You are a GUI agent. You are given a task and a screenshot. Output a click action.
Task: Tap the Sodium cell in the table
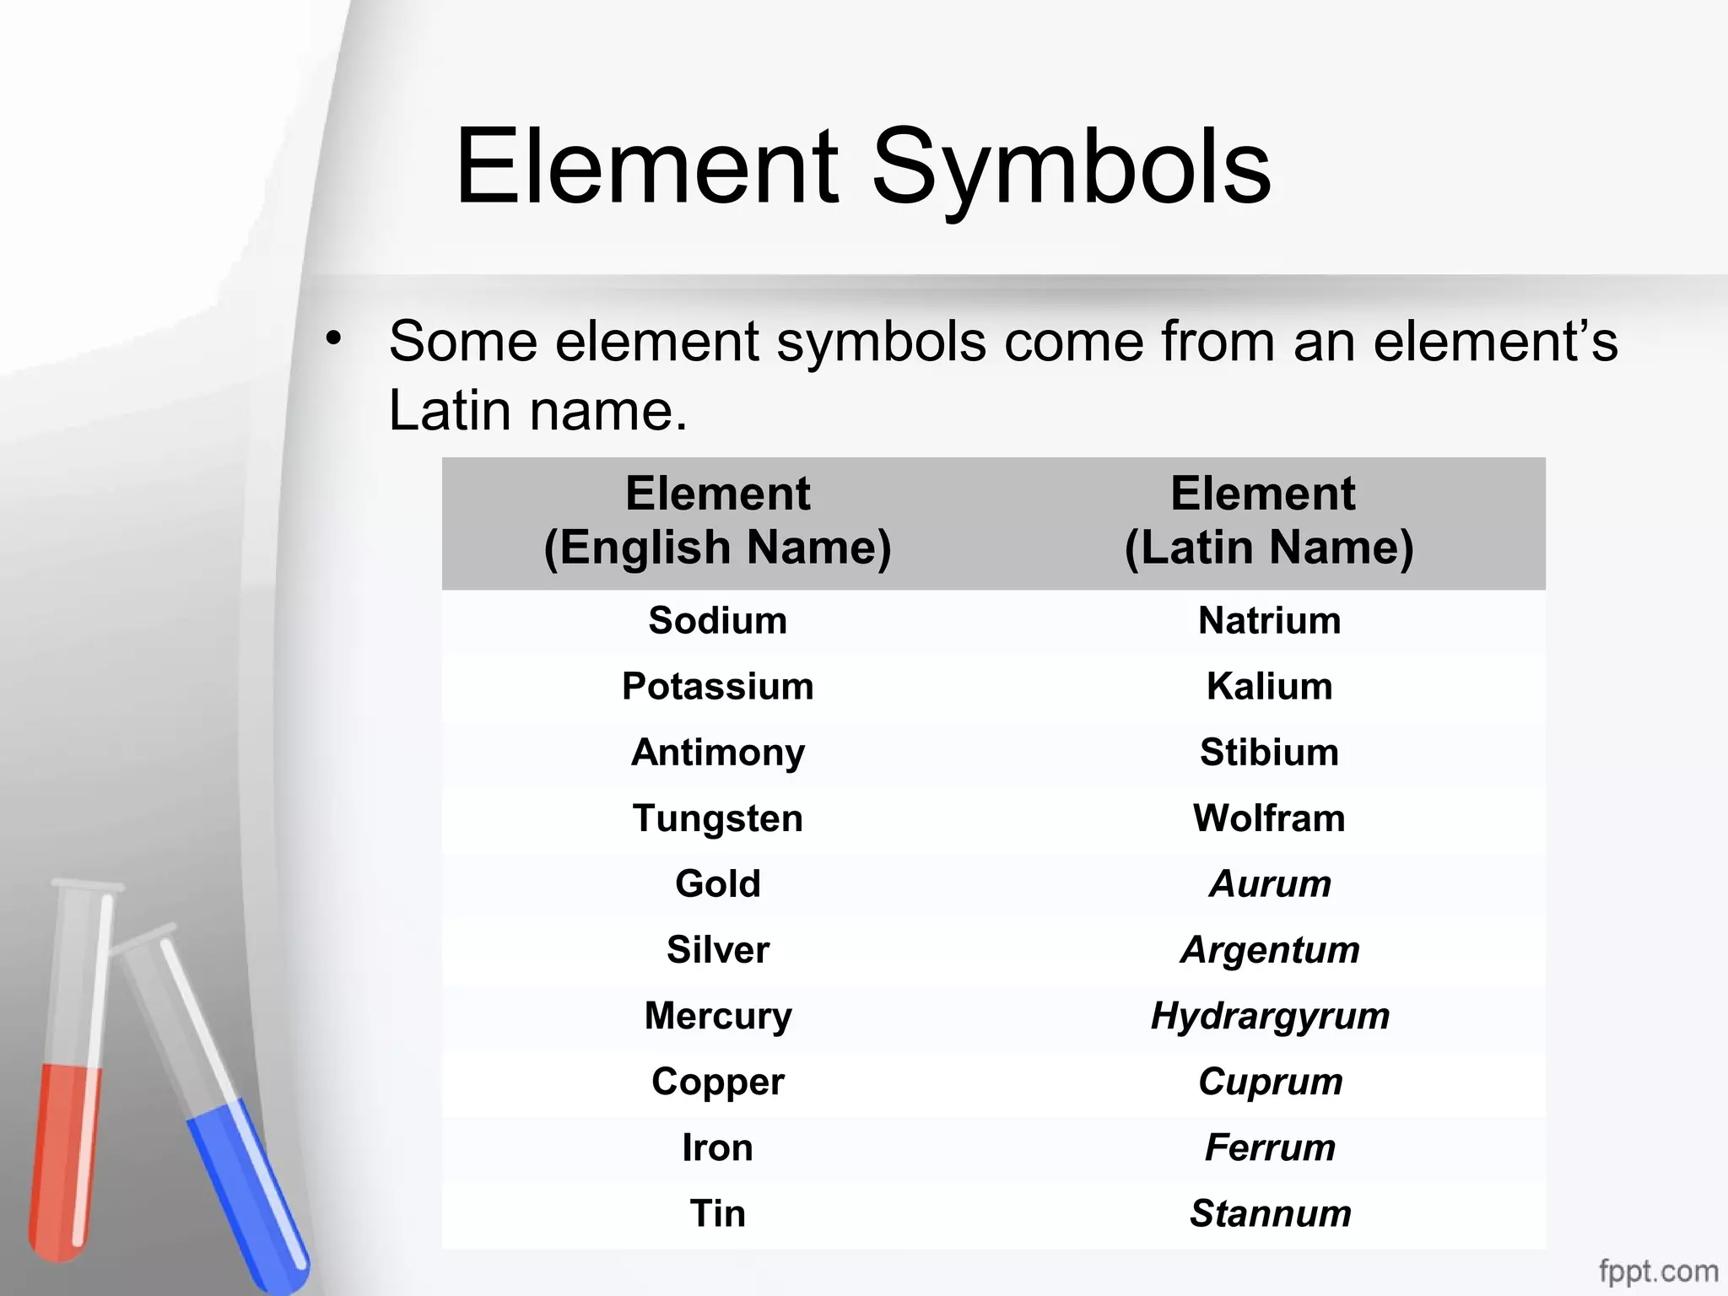point(717,621)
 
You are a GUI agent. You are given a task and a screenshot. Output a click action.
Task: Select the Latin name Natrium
point(1269,621)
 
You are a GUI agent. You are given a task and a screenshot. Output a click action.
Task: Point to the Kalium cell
point(1269,687)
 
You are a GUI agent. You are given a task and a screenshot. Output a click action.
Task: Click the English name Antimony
point(717,753)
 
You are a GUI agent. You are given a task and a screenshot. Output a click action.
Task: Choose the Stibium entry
point(1269,753)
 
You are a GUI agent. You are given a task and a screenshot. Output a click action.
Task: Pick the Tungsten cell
point(717,818)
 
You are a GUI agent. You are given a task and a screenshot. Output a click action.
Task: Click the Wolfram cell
point(1269,818)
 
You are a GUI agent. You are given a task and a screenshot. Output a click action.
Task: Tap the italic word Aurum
point(1270,884)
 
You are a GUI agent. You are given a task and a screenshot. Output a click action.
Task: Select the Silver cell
point(717,950)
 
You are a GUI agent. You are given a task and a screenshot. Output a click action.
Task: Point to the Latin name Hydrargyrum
point(1270,1016)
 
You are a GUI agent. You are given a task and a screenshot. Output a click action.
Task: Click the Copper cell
point(717,1082)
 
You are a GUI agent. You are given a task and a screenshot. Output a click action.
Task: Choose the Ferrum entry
point(1270,1147)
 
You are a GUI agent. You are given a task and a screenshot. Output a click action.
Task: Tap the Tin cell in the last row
point(717,1213)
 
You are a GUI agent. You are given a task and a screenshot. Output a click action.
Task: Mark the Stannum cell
point(1270,1213)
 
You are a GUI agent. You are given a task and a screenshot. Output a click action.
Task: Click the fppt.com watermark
point(1657,1271)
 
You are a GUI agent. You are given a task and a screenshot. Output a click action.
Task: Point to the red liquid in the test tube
point(63,1156)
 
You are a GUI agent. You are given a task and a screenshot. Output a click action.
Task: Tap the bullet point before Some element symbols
point(334,339)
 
